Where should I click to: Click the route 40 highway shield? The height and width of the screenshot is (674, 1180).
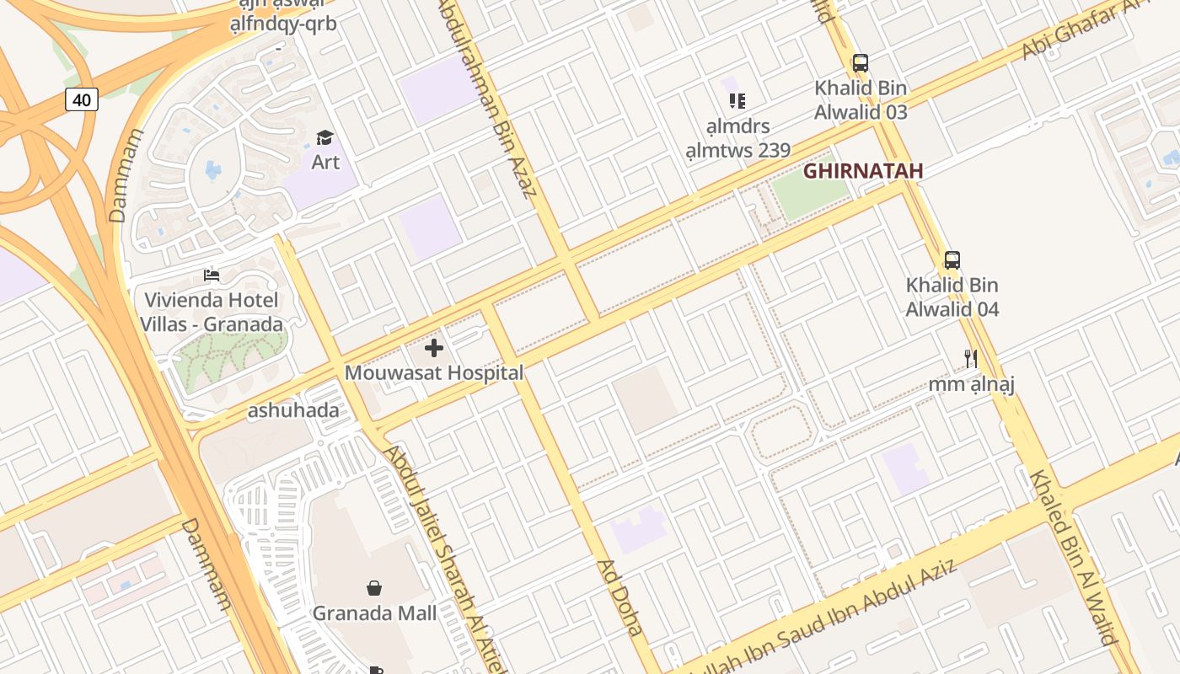(82, 99)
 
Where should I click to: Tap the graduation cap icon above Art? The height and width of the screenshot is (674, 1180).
(324, 137)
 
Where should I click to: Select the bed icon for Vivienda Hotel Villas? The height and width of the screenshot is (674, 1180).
(212, 275)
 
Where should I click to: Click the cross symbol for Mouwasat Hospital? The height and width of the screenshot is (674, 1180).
(434, 347)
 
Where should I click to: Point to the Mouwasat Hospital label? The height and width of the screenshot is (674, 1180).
(434, 372)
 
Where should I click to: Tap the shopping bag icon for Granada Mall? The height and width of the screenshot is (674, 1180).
(374, 587)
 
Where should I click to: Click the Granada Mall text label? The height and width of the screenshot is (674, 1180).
(374, 612)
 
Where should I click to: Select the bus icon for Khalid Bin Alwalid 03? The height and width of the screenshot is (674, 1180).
(860, 62)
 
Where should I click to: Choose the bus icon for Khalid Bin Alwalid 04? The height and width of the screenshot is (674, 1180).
(952, 260)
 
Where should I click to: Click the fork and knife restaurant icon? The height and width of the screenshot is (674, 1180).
(971, 359)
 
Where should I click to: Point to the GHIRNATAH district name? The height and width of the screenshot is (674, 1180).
(862, 171)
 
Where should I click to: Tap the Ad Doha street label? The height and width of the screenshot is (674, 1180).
(620, 596)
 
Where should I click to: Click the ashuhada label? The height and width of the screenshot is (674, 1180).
(292, 411)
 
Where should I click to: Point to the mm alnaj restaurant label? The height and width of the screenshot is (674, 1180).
(971, 384)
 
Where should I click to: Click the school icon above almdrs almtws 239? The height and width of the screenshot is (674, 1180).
(737, 101)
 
